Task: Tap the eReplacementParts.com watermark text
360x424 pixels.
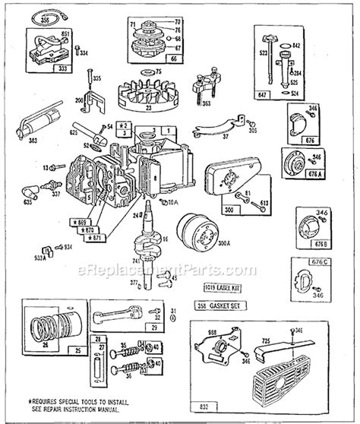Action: [181, 269]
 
